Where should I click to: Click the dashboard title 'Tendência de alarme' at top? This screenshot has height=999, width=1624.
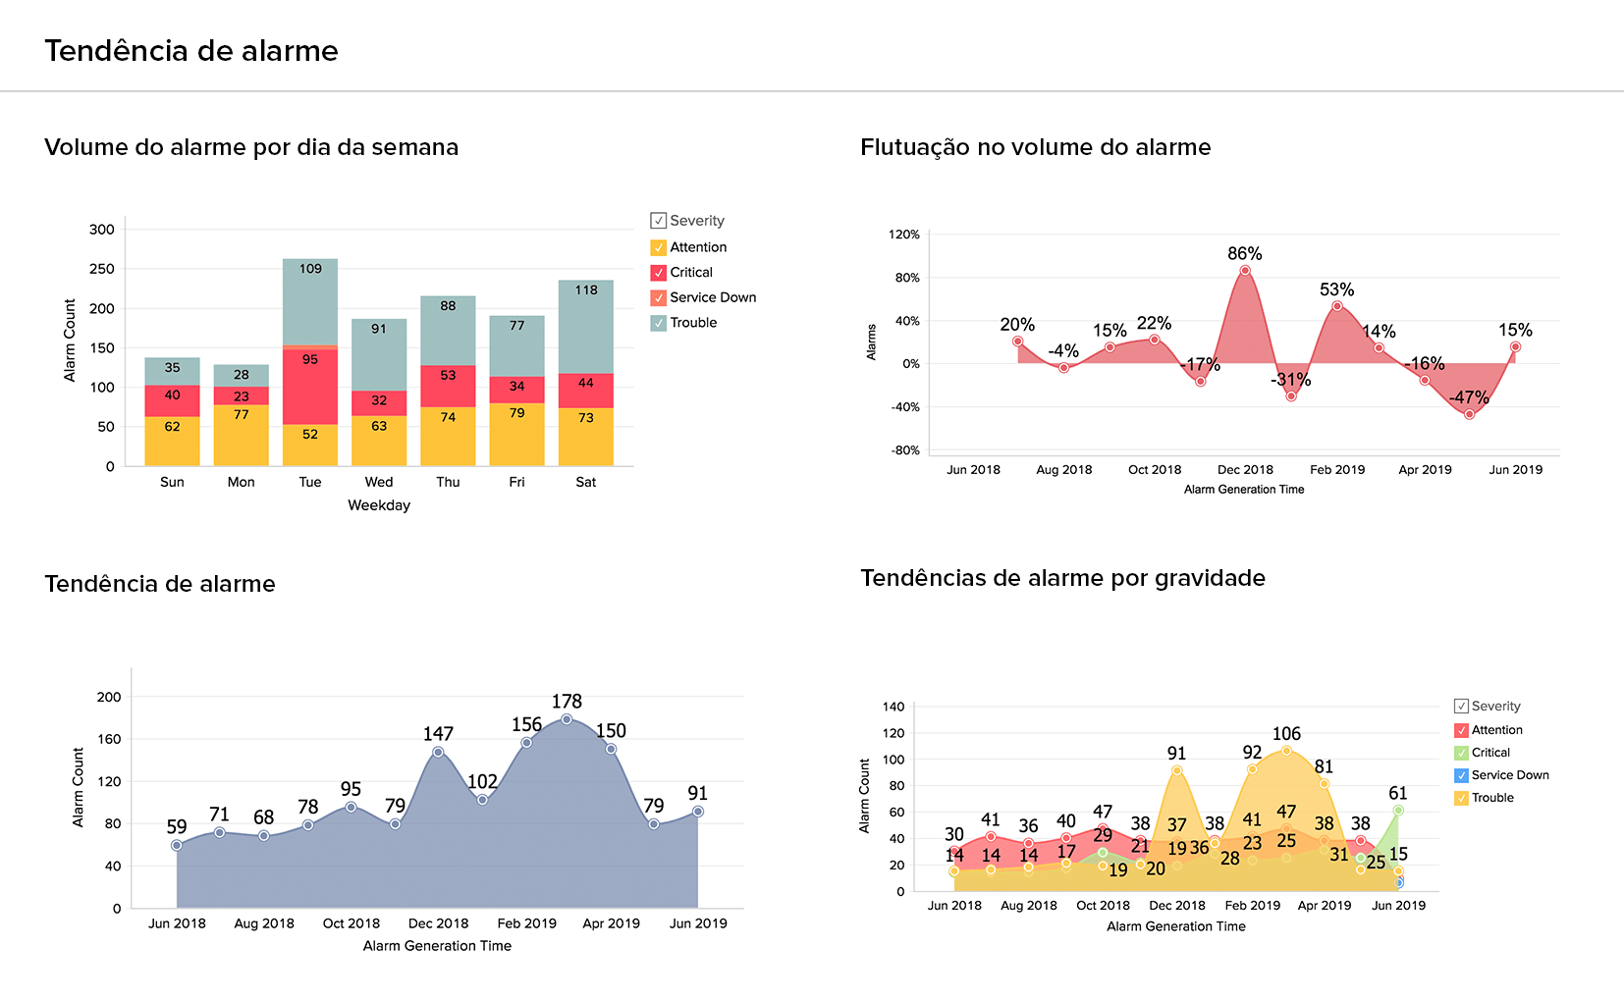[x=191, y=51]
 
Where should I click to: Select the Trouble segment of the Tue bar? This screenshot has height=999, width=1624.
[x=310, y=299]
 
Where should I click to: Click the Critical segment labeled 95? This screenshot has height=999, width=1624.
[x=310, y=386]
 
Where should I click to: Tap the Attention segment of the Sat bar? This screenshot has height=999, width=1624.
[x=586, y=436]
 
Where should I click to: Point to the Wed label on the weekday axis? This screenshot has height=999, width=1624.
[x=379, y=482]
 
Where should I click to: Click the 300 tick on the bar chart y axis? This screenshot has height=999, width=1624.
[x=102, y=230]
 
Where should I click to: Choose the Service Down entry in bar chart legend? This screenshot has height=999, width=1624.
[x=713, y=297]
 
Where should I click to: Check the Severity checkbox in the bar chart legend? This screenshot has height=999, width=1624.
[x=659, y=221]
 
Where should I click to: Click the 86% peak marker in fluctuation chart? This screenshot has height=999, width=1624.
[x=1245, y=270]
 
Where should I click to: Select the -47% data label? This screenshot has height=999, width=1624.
[x=1469, y=397]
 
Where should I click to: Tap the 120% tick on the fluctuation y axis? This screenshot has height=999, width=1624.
[x=903, y=235]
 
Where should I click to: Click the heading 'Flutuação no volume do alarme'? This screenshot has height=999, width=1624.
[x=1035, y=147]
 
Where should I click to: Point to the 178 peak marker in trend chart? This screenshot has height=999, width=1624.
[x=567, y=719]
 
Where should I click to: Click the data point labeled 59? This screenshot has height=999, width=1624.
[x=177, y=845]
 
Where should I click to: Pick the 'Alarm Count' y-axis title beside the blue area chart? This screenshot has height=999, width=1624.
[x=79, y=787]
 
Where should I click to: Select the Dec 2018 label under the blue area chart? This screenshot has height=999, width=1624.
[x=438, y=923]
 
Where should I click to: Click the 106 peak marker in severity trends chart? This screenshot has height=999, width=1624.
[x=1286, y=751]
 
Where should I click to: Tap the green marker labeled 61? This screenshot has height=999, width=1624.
[x=1398, y=811]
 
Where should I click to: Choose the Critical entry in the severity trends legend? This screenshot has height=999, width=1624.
[x=1490, y=753]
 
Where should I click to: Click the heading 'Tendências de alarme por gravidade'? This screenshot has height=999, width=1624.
[x=1062, y=578]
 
